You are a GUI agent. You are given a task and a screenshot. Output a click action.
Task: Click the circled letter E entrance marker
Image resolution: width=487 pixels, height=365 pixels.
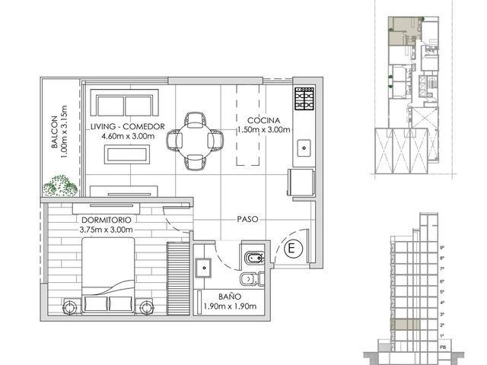point(291,249)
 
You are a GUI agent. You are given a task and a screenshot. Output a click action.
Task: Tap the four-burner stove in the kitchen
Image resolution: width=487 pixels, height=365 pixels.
point(304,98)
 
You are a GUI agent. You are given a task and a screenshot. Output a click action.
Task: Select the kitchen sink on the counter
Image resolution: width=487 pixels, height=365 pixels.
point(304,148)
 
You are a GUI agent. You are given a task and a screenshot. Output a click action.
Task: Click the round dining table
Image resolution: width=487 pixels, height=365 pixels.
point(195,141)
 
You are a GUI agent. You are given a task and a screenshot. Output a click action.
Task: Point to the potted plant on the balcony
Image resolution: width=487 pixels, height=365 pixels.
point(60,186)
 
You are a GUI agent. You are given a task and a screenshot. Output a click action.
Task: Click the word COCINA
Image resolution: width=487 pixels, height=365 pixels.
point(263,120)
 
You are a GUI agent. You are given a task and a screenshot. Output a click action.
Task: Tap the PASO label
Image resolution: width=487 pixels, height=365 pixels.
point(247,219)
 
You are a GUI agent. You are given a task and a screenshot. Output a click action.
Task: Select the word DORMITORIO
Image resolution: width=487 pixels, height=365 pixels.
point(107,220)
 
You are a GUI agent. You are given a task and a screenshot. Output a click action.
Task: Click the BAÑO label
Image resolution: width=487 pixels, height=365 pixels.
point(230,297)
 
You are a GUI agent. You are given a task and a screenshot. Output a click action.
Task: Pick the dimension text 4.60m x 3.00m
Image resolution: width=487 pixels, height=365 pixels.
point(128,136)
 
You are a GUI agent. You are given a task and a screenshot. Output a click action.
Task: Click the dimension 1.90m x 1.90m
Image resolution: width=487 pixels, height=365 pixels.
point(230,306)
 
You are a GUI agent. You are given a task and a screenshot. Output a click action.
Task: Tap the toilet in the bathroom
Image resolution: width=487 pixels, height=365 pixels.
point(252,279)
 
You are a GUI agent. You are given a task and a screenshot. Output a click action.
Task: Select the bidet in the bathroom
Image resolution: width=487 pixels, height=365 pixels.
point(254,258)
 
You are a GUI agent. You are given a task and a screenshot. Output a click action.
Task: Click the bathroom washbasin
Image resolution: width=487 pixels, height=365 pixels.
point(203,268)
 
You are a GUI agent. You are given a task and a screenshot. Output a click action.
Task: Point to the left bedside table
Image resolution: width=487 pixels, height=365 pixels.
point(72,307)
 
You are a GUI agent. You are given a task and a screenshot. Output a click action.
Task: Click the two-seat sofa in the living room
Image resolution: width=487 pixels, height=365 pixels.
point(125,103)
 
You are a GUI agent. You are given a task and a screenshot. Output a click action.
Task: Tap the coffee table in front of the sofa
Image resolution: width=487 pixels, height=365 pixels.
point(127,154)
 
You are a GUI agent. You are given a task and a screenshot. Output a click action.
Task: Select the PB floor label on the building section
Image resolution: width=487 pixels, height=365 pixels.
point(443,348)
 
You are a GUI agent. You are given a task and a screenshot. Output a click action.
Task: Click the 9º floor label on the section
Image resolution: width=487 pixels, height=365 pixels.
point(442,248)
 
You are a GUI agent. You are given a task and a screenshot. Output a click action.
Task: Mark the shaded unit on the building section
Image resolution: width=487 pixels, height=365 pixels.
point(406,325)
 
